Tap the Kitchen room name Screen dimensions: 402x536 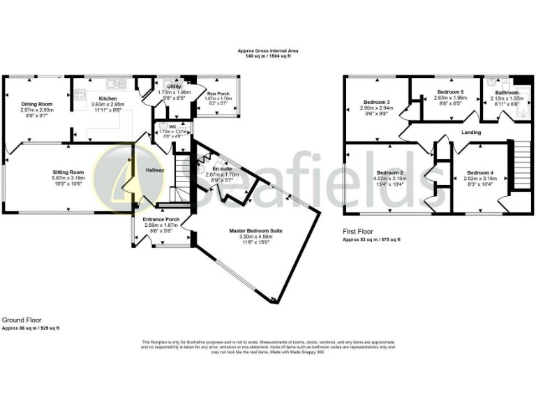[107, 99]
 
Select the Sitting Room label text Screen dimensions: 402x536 [68, 172]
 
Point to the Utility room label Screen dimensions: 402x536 [174, 85]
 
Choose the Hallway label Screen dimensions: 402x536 [154, 170]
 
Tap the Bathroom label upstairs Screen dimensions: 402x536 [507, 93]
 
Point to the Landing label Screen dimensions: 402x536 [472, 131]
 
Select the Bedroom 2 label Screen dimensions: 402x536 [390, 172]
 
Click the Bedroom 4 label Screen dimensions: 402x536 [481, 172]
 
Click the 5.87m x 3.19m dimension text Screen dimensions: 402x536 [68, 178]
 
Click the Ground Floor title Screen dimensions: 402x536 [22, 320]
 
